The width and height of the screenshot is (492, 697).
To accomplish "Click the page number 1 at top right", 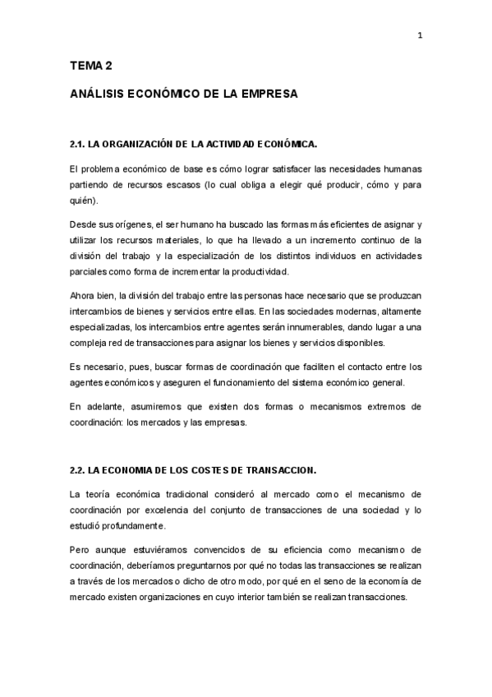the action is [x=420, y=35].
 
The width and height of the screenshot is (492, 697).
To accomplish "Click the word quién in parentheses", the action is [x=83, y=201].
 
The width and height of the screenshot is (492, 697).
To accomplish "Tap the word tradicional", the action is [x=193, y=494].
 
